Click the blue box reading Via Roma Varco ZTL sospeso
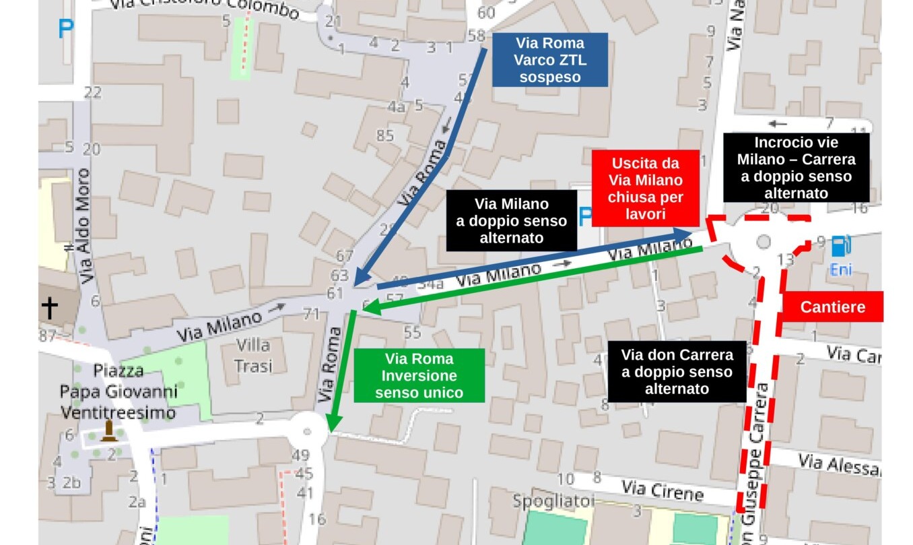pyautogui.click(x=549, y=60)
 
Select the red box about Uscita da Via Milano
pyautogui.click(x=645, y=188)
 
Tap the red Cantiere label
pyautogui.click(x=832, y=307)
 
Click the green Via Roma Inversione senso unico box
pyautogui.click(x=419, y=375)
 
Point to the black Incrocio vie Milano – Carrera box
pyautogui.click(x=796, y=168)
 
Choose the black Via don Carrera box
pyautogui.click(x=677, y=372)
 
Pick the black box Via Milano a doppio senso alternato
pyautogui.click(x=511, y=220)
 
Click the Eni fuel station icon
pyautogui.click(x=839, y=247)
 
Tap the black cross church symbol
pyautogui.click(x=49, y=308)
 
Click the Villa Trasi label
pyautogui.click(x=253, y=356)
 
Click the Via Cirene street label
pyautogui.click(x=662, y=490)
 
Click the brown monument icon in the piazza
pyautogui.click(x=108, y=431)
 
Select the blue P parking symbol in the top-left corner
pyautogui.click(x=65, y=30)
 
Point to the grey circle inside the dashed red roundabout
pyautogui.click(x=763, y=242)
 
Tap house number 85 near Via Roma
pyautogui.click(x=384, y=136)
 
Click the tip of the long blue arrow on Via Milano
pyautogui.click(x=691, y=233)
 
